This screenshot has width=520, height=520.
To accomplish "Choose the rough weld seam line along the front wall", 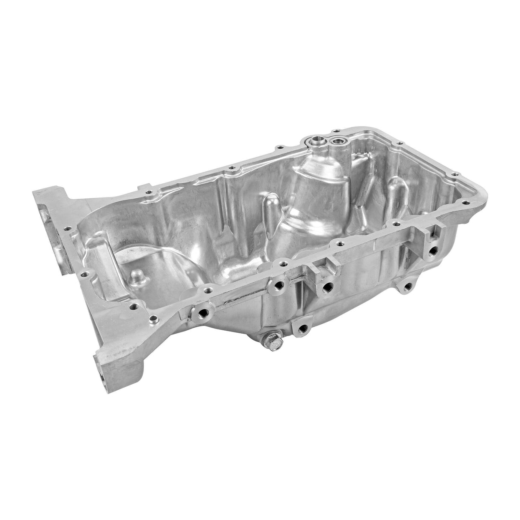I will tap(240, 302).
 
